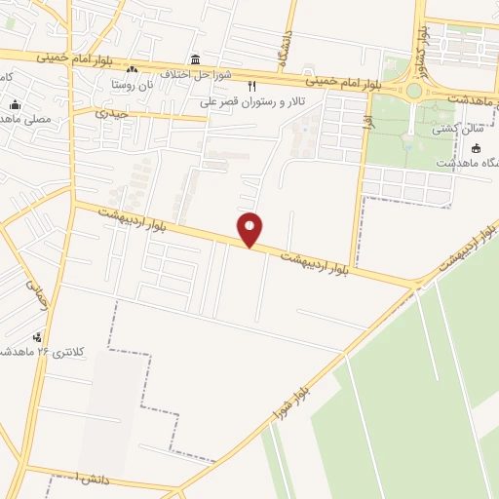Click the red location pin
[250, 228]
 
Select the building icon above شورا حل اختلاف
[197, 58]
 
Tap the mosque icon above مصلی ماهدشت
[14, 105]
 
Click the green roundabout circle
[415, 91]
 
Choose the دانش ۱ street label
[62, 477]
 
